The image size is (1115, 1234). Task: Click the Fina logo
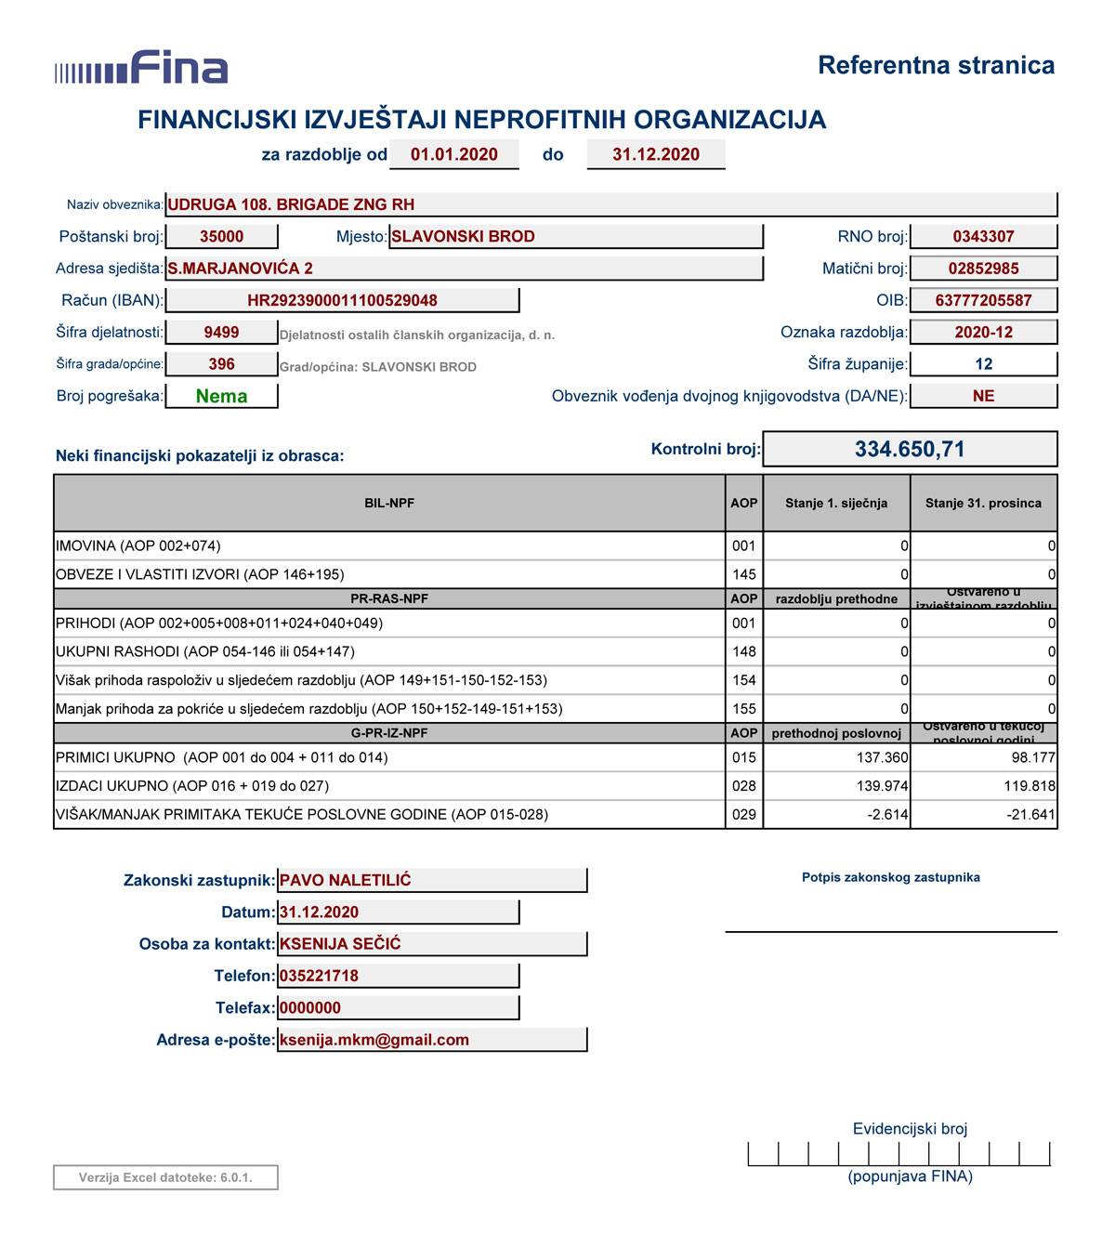(141, 68)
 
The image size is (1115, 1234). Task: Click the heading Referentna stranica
(936, 65)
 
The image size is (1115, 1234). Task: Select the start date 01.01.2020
(453, 154)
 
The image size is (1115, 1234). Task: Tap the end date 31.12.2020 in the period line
(655, 154)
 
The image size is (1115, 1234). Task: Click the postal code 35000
(221, 236)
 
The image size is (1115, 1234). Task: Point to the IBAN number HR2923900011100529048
(342, 300)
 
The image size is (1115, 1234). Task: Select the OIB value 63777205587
(983, 300)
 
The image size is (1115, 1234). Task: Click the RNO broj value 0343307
(983, 236)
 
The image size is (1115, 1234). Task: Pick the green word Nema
(221, 396)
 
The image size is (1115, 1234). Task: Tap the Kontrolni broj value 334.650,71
(910, 450)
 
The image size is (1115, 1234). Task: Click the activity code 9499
(221, 332)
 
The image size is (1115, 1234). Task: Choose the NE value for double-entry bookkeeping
(983, 396)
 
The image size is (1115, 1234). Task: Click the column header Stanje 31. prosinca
(983, 503)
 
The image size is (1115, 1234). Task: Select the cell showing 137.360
(882, 757)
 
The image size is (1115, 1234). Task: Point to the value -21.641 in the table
(1030, 814)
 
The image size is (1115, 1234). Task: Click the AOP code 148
(744, 651)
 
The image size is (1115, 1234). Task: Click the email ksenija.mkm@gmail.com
(374, 1040)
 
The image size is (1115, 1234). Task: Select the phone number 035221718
(319, 976)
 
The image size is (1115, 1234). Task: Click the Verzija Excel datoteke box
(165, 1177)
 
